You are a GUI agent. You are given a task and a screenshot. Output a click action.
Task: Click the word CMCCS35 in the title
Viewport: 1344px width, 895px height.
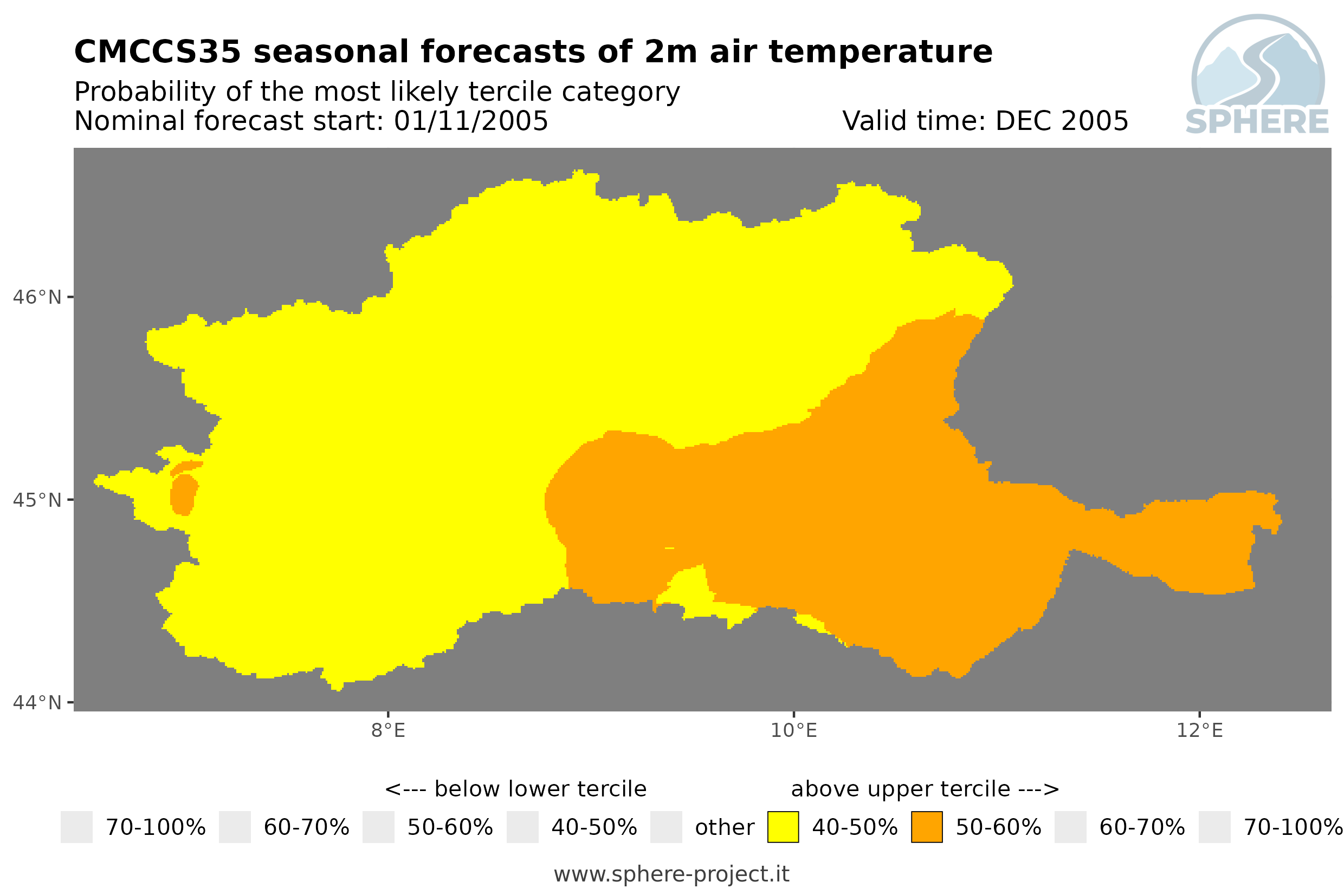click(x=158, y=52)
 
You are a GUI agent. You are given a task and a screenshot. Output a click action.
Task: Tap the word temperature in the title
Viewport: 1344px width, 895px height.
click(x=880, y=52)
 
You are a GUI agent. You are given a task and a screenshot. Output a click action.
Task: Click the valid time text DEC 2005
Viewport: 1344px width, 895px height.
click(x=1061, y=121)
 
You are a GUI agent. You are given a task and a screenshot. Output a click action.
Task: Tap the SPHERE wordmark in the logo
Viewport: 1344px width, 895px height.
click(x=1257, y=122)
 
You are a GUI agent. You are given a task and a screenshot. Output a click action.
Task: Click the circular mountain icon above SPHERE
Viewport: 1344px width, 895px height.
click(x=1258, y=62)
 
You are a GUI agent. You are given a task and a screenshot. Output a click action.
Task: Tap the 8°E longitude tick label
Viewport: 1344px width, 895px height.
click(x=389, y=730)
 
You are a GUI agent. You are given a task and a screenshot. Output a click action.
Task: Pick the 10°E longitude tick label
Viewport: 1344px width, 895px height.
click(x=794, y=730)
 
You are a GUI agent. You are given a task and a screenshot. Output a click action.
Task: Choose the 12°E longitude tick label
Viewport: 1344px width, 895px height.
click(x=1199, y=730)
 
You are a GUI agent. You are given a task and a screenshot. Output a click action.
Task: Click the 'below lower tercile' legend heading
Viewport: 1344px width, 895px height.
click(x=516, y=789)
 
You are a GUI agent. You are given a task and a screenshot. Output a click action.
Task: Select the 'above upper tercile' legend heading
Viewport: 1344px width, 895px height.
click(x=925, y=789)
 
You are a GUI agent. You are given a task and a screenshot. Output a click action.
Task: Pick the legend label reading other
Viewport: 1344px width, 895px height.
click(x=724, y=828)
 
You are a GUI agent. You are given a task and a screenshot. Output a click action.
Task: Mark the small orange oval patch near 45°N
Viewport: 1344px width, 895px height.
click(x=184, y=495)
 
